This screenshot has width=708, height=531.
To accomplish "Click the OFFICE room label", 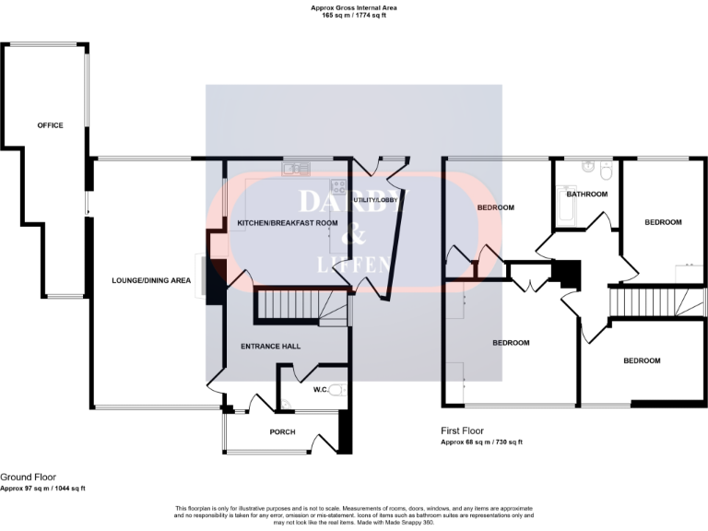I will point(50,125).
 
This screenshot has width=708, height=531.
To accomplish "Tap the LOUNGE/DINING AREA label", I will point(151,280).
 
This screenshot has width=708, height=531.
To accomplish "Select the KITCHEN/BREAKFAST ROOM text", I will point(288,224).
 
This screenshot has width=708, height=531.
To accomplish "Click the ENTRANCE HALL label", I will point(270,347).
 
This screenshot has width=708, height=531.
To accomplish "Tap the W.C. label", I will point(321,390).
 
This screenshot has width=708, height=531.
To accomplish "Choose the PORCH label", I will point(282,431).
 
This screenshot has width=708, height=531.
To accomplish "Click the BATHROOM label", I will point(587,195).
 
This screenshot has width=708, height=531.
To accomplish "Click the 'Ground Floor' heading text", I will point(23,478).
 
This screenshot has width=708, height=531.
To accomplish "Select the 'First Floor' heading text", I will point(462,431).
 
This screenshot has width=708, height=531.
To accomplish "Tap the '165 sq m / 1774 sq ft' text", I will point(354,15).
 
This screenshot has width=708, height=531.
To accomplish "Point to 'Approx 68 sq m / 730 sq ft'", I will point(481,442).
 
